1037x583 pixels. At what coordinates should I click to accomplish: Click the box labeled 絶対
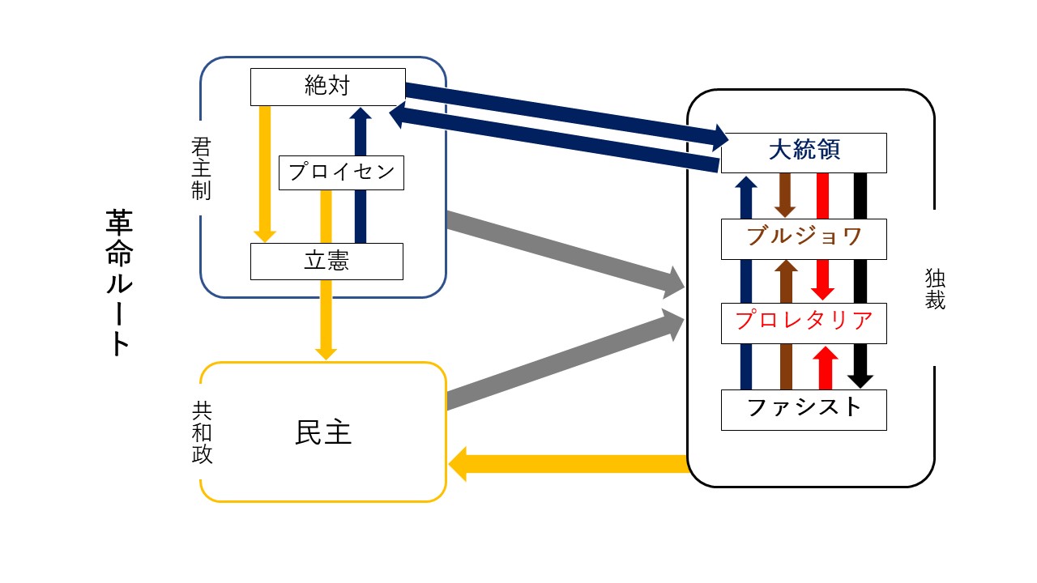[327, 87]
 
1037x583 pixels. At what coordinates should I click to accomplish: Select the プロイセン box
[341, 172]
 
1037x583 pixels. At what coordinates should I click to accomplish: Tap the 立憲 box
[326, 262]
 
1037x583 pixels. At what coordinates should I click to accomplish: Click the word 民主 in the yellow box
[323, 433]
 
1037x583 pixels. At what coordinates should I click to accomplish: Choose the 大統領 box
[804, 152]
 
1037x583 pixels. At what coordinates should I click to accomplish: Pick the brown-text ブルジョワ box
[804, 238]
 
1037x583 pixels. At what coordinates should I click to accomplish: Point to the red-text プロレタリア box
[804, 322]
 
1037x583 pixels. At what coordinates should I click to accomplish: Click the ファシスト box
[804, 409]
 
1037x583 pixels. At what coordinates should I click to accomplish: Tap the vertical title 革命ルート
[118, 283]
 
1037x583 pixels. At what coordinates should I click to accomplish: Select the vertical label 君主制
[201, 169]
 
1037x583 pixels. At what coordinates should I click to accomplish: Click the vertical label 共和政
[202, 432]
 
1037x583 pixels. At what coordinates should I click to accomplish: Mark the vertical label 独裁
[935, 289]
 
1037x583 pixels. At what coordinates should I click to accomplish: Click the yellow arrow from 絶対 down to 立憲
[264, 170]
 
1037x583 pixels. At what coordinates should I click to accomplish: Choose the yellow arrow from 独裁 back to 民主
[567, 464]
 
